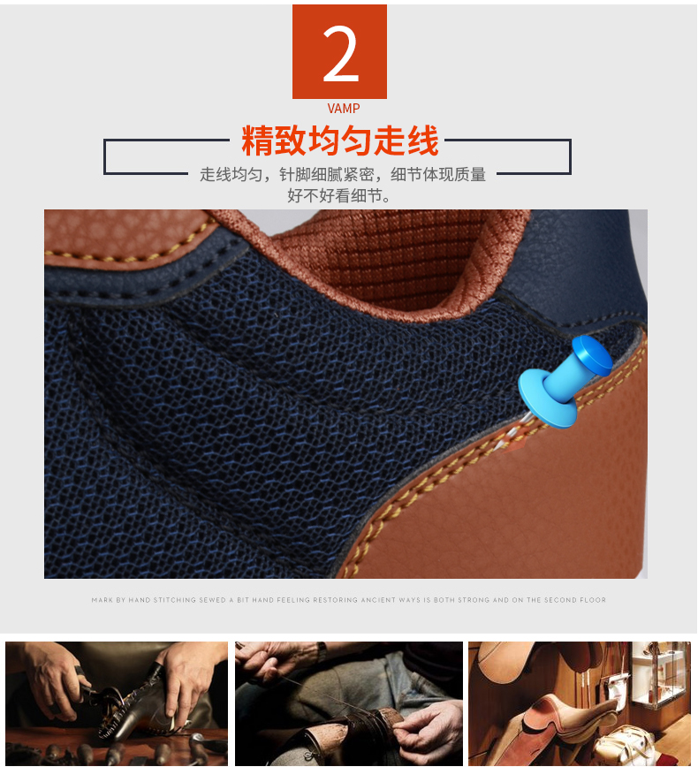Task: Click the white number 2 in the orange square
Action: point(340,53)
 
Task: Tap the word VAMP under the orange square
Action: point(344,109)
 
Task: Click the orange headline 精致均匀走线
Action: point(339,140)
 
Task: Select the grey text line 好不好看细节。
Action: point(339,195)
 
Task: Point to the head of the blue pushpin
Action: point(592,354)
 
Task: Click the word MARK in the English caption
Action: point(102,600)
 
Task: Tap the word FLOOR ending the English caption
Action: point(593,600)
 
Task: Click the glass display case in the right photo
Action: point(659,675)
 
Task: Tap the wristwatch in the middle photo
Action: point(321,651)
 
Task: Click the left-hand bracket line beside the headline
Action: point(104,156)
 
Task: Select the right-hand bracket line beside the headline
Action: point(570,156)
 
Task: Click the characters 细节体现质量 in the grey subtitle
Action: point(438,174)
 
